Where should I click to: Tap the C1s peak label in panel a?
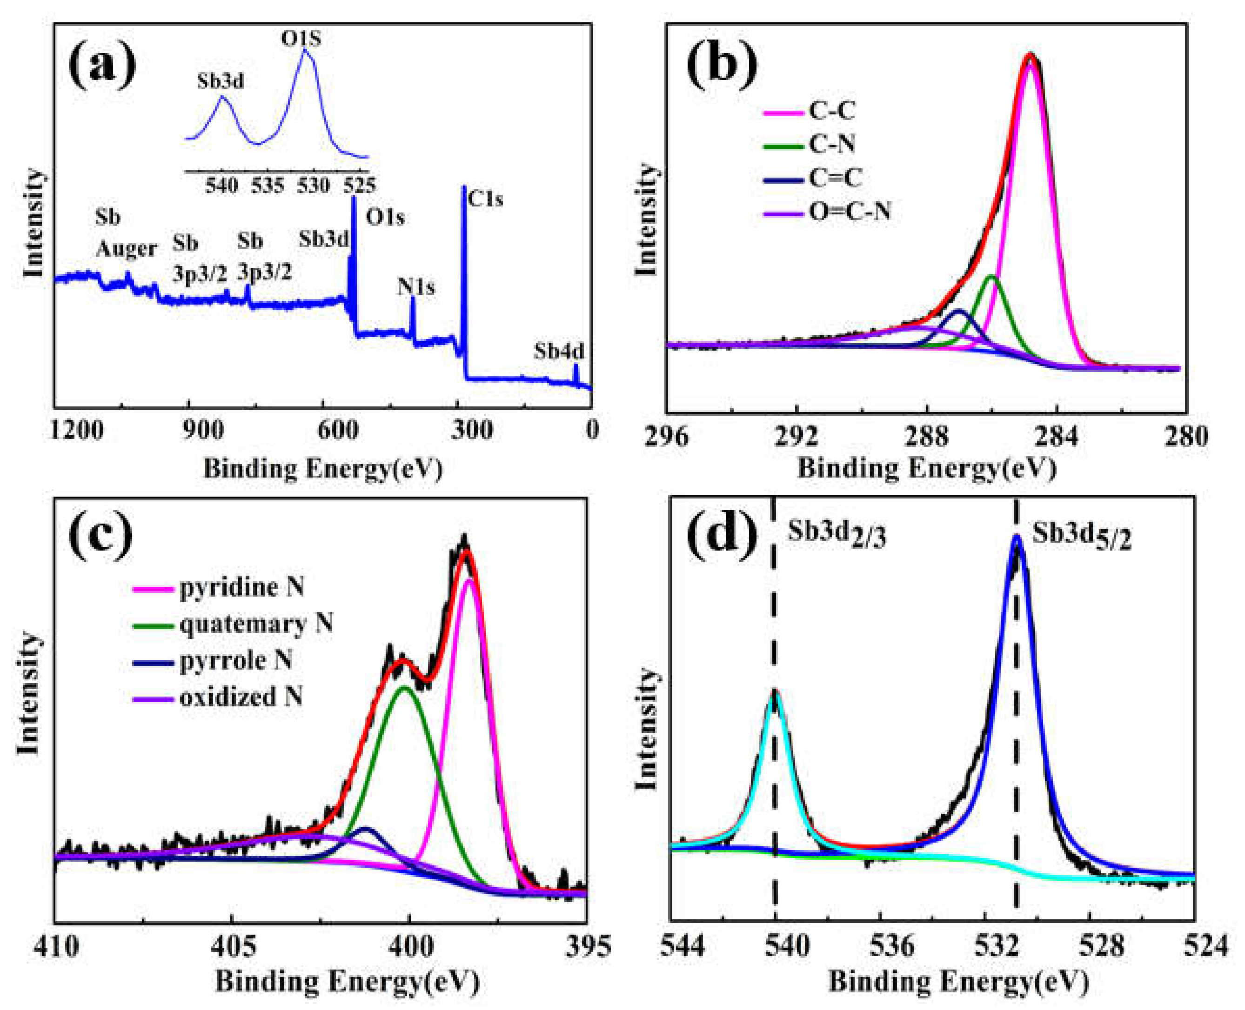(x=485, y=199)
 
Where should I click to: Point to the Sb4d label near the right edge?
(x=558, y=352)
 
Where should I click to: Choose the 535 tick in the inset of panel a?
(x=268, y=186)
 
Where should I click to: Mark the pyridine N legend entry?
(x=241, y=587)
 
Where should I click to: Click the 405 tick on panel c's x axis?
(x=232, y=947)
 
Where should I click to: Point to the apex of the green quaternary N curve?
(x=405, y=688)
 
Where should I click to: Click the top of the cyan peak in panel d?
(x=775, y=692)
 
